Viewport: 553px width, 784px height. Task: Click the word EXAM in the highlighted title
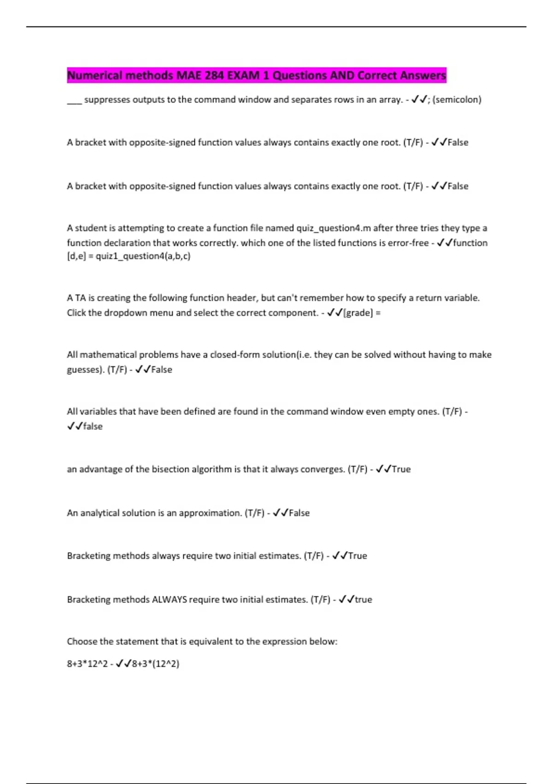coord(244,75)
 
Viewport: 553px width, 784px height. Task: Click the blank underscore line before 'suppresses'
coord(74,101)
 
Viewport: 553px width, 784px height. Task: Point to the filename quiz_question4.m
coord(334,228)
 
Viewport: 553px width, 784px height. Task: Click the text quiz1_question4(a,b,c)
coord(143,256)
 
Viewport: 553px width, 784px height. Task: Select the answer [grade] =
coord(362,313)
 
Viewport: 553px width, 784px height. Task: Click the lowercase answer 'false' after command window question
coord(93,426)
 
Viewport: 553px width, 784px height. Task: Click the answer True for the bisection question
coord(401,469)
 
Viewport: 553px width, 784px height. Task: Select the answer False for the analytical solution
coord(299,513)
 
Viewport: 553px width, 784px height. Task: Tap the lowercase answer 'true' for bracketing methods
coord(363,600)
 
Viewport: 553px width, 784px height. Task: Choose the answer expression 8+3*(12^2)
coord(155,664)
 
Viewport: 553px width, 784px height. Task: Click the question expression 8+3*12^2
coord(87,664)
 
